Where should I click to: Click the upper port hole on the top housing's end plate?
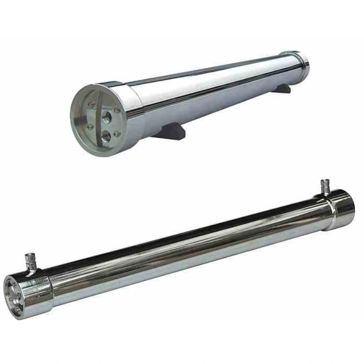pos(106,117)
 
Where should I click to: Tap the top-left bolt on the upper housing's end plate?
pos(92,104)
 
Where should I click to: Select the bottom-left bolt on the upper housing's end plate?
pos(90,127)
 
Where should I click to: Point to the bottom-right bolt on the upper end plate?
pos(117,134)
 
